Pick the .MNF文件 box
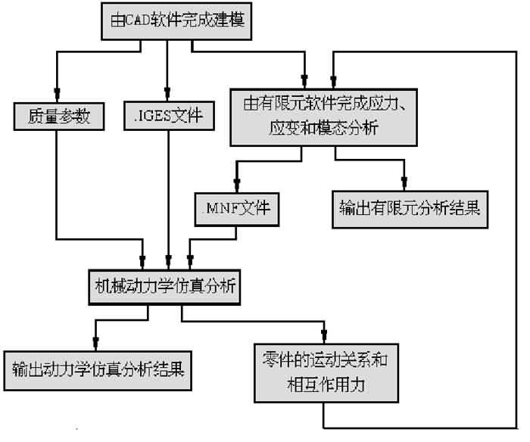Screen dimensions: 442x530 point(237,205)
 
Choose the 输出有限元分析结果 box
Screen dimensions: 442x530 point(407,205)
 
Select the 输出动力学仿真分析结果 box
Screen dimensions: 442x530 point(96,370)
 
